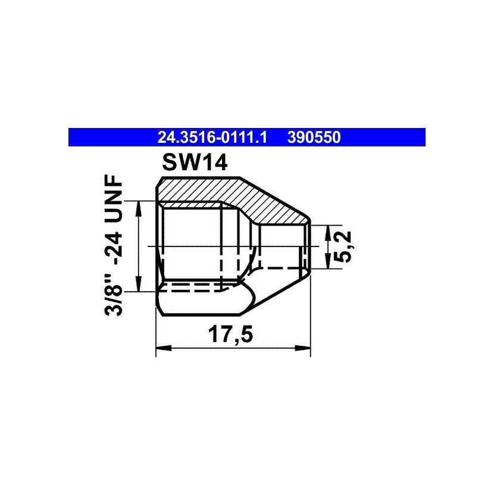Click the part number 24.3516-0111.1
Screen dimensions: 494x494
[x=212, y=137]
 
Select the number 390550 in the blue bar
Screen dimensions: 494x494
[x=314, y=137]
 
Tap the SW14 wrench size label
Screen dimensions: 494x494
[x=195, y=163]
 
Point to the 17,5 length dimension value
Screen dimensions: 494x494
[x=230, y=334]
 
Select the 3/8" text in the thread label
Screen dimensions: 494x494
[x=114, y=294]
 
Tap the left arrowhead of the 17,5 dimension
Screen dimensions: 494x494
[x=164, y=348]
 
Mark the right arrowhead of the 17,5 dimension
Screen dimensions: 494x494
[x=303, y=348]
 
